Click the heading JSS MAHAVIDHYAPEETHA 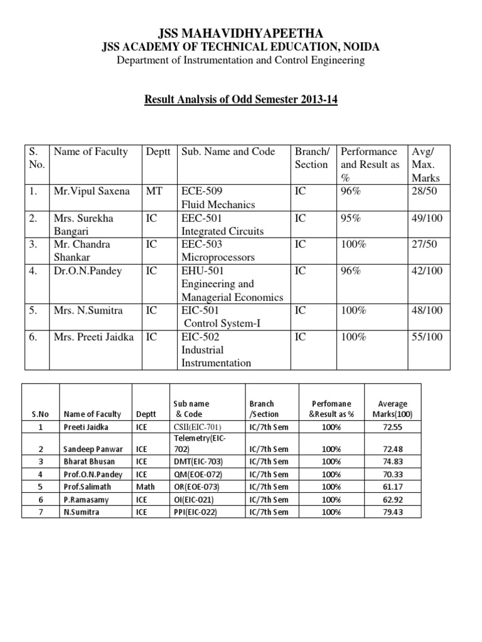pyautogui.click(x=241, y=33)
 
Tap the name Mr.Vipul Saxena pyautogui.click(x=92, y=191)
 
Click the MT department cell pyautogui.click(x=154, y=191)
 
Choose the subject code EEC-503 pyautogui.click(x=202, y=244)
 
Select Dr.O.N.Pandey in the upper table pyautogui.click(x=84, y=270)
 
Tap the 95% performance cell pyautogui.click(x=350, y=218)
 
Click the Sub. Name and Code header pyautogui.click(x=228, y=151)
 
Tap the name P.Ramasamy pyautogui.click(x=85, y=499)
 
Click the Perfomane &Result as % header pyautogui.click(x=332, y=409)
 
